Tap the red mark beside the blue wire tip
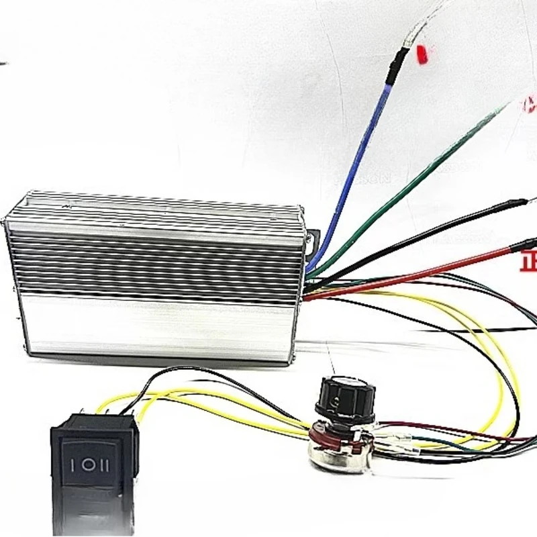point(422,54)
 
